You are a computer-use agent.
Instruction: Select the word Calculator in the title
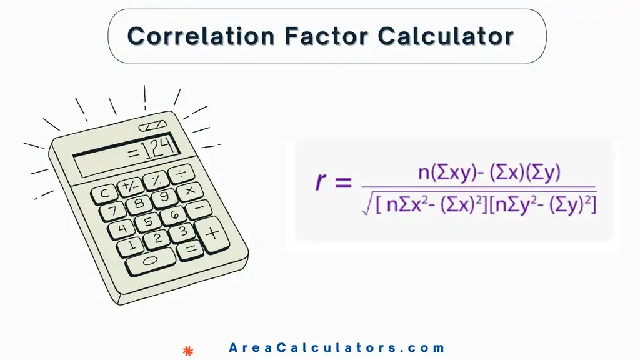click(x=446, y=36)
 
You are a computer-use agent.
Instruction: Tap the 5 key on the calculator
click(x=148, y=221)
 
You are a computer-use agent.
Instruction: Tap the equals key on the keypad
click(x=189, y=251)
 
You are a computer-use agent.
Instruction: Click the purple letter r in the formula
click(x=321, y=182)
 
